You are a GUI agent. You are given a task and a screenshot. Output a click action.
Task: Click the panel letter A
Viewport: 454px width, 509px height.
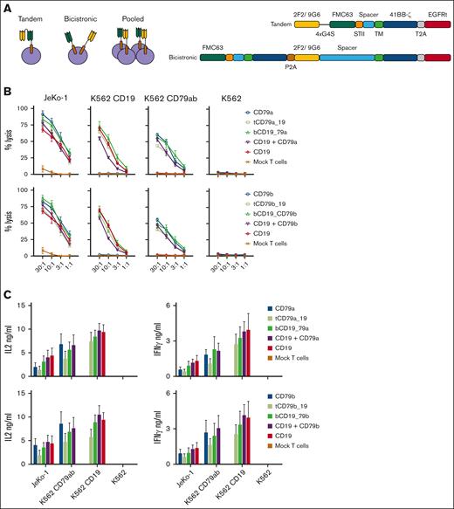7,6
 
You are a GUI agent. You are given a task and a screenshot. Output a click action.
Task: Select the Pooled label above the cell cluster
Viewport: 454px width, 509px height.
135,18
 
